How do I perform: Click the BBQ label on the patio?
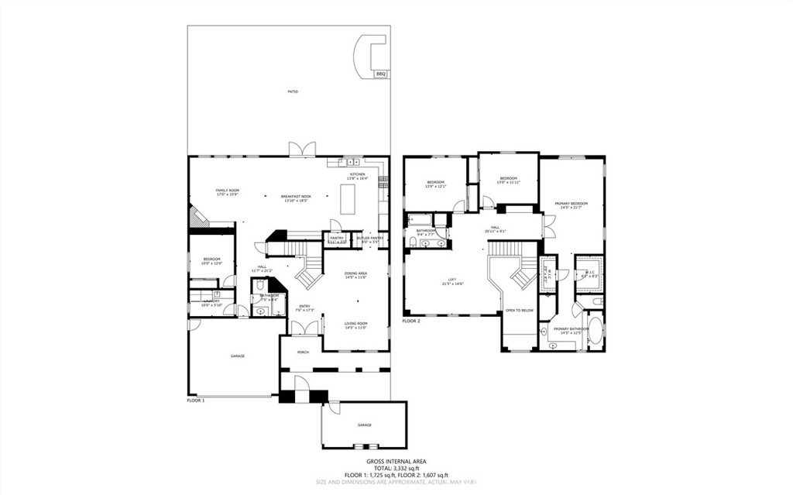coord(380,74)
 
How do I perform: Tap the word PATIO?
coord(293,92)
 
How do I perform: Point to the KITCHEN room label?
coord(357,175)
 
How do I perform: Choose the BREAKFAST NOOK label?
coord(296,198)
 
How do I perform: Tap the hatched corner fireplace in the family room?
coord(197,216)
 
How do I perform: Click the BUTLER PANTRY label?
coord(369,239)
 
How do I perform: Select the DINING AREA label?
coord(355,273)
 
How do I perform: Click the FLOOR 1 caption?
coord(196,400)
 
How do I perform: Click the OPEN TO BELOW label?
coord(519,310)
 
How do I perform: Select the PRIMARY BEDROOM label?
coord(571,204)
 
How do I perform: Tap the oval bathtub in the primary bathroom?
coord(594,329)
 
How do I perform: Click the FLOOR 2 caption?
coord(411,320)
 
